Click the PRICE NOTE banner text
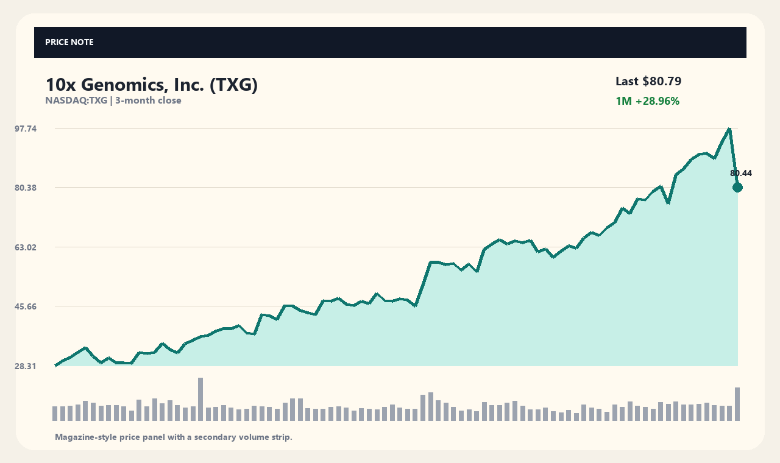point(69,42)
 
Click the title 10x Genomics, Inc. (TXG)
point(152,85)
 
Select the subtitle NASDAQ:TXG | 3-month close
point(113,101)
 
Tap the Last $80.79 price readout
point(648,81)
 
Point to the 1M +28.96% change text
point(647,101)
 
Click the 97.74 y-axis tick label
point(26,129)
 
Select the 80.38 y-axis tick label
point(26,188)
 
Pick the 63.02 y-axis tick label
point(26,247)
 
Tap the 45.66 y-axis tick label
point(26,306)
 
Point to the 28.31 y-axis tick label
point(25,366)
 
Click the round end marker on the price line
point(737,188)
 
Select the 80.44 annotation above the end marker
point(740,173)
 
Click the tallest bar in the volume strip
point(200,399)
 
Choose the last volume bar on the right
point(737,404)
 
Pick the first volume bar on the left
point(55,414)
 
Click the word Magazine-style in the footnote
point(86,437)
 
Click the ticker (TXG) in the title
point(233,85)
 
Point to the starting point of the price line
point(55,366)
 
